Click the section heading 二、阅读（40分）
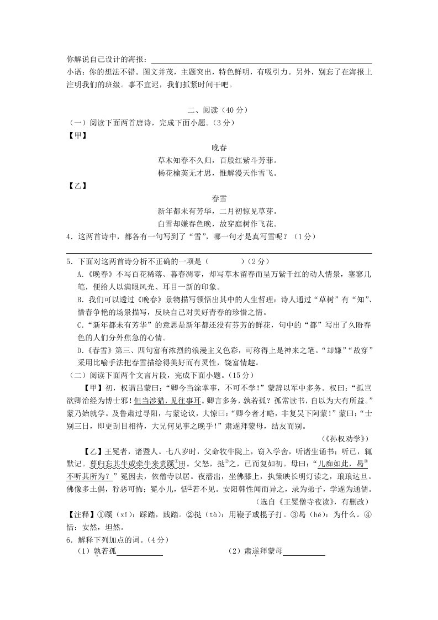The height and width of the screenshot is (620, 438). pos(219,109)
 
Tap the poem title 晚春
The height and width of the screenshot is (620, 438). pos(219,148)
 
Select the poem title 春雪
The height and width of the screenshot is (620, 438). pos(219,198)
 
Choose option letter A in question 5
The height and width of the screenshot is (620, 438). pos(80,274)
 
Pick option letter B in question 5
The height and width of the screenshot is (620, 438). pos(80,300)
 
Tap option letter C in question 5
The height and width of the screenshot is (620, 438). pos(80,325)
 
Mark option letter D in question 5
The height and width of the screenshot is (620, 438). pos(80,350)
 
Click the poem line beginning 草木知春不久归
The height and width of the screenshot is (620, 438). pos(219,161)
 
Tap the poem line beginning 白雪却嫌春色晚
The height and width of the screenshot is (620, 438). pos(219,224)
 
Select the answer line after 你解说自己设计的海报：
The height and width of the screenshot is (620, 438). pos(261,59)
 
